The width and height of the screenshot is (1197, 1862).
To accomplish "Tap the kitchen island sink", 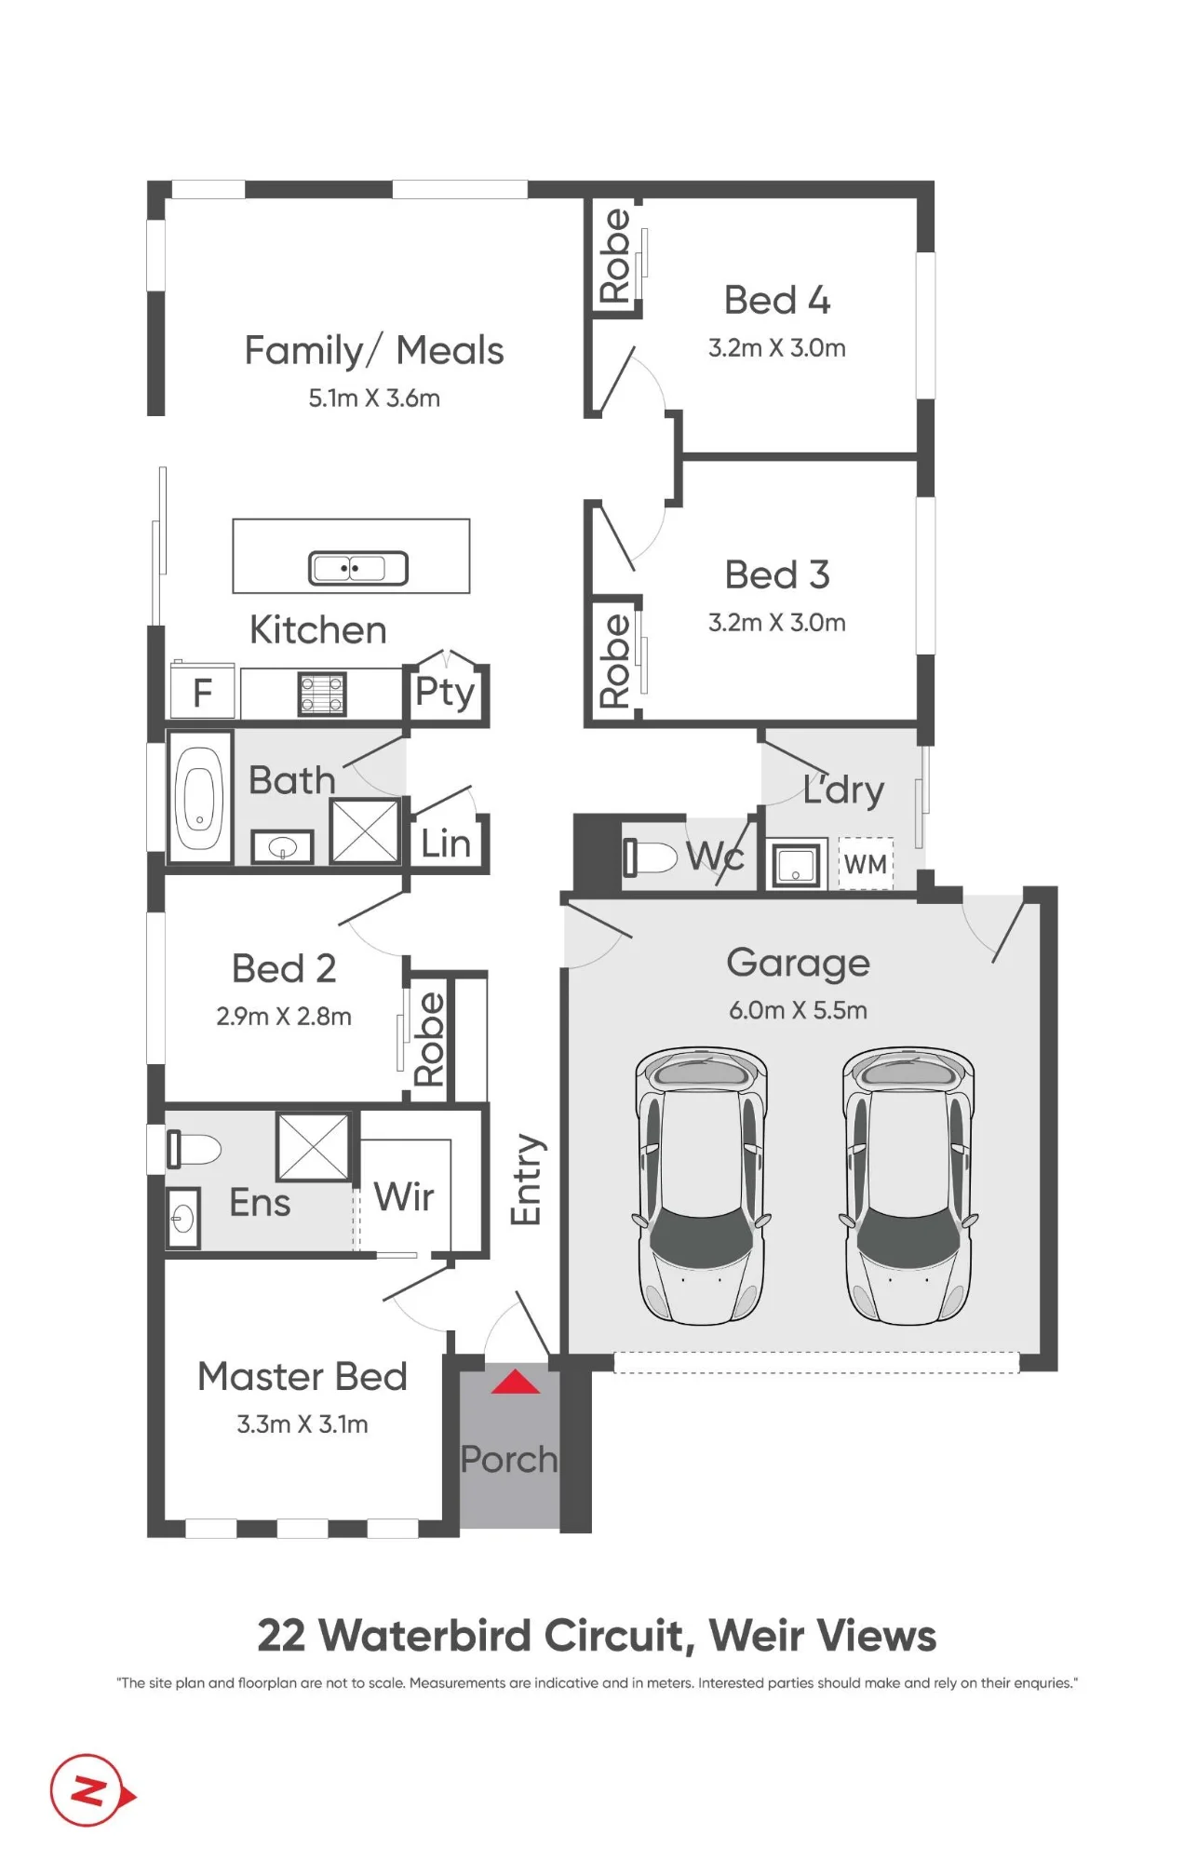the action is click(358, 568).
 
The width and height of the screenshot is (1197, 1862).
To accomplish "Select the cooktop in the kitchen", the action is click(322, 694).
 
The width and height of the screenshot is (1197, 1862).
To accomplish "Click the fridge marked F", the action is click(202, 692).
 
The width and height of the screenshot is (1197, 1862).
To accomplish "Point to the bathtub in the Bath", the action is click(199, 797).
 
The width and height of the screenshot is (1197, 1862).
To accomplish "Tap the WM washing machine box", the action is click(866, 864).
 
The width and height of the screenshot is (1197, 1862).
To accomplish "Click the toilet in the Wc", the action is click(650, 857).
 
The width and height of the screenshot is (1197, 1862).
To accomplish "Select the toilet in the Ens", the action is click(194, 1149).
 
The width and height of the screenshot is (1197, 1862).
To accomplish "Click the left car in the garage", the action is click(702, 1185).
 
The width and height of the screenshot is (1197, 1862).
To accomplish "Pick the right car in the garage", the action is click(908, 1185).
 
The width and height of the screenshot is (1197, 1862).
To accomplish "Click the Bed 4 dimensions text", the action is click(777, 348).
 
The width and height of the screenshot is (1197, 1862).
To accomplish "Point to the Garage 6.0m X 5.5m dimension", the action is click(799, 1010).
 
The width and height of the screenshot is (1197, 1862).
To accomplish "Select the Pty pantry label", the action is click(445, 693).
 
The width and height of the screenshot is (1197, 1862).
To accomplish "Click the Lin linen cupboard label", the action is click(446, 843).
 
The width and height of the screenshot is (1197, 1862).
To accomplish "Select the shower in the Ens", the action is click(314, 1147).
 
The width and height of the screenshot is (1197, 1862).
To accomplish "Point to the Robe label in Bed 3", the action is click(614, 661).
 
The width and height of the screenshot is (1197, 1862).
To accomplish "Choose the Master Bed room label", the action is click(303, 1376).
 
